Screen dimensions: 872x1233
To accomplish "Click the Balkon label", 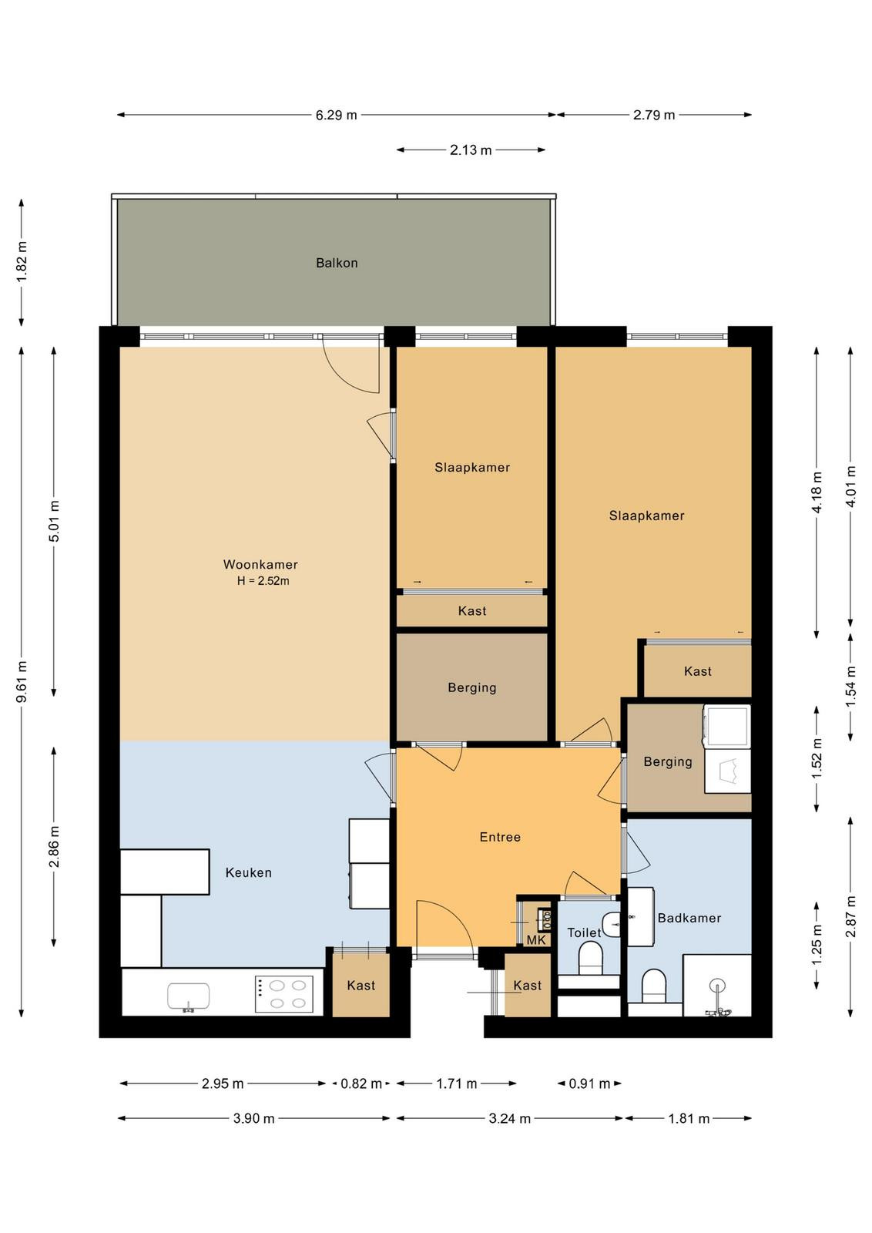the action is (x=337, y=263).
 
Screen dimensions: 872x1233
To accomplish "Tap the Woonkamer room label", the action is (x=260, y=564).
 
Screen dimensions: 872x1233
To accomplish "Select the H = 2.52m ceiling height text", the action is (x=263, y=581).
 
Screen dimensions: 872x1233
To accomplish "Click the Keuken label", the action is (x=248, y=872).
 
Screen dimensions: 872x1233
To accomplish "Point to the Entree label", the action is (x=500, y=837).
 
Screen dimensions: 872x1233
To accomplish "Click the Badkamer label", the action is (x=689, y=918).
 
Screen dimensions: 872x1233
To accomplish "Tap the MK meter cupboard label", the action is (x=536, y=939).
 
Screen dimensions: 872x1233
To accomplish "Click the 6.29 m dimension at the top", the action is (x=336, y=115).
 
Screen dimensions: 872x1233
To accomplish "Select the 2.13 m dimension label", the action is (x=471, y=150).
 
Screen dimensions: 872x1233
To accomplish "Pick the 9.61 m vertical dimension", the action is (x=22, y=682).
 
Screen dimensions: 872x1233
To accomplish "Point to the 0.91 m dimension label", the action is (x=589, y=1083).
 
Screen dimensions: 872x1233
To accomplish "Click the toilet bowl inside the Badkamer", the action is (x=654, y=986).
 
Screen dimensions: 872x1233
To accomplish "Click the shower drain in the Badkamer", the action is (x=717, y=986).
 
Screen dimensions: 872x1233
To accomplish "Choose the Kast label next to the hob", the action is (x=361, y=986).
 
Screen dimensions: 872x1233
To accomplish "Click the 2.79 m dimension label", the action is (x=653, y=115).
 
